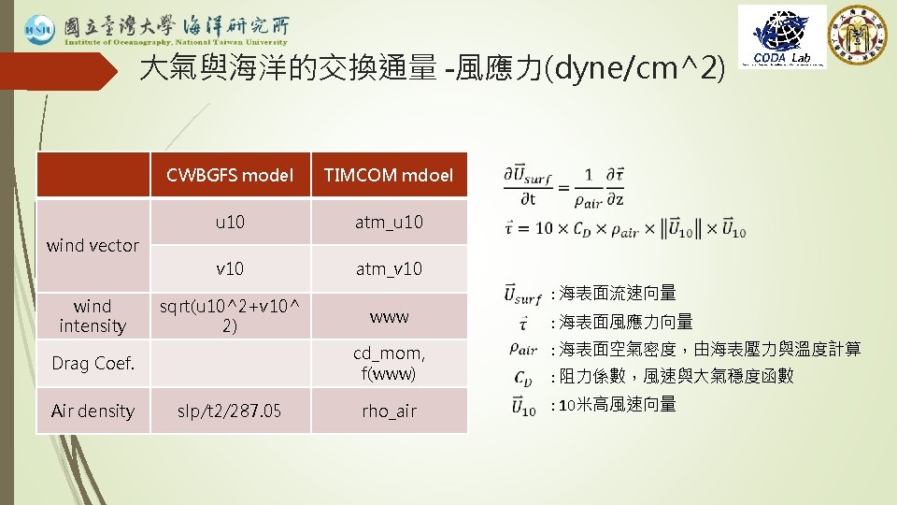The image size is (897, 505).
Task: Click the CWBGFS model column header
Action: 230,175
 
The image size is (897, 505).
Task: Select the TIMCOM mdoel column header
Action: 389,175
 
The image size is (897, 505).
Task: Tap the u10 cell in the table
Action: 230,222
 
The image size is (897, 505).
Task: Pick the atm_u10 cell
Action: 389,222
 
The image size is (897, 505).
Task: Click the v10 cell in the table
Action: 230,268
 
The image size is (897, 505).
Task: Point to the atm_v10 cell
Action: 389,268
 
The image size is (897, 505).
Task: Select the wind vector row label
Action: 93,245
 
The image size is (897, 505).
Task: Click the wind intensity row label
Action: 93,316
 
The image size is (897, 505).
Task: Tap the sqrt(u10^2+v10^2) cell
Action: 230,316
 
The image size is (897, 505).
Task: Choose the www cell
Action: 389,316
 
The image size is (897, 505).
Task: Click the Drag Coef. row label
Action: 93,363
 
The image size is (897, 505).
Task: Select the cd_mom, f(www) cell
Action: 389,363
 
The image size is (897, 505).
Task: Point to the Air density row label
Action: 93,411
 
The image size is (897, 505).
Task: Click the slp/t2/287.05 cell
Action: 230,411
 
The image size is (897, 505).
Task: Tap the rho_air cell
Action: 389,411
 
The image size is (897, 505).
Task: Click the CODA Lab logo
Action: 782,36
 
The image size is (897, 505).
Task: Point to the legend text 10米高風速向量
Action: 617,405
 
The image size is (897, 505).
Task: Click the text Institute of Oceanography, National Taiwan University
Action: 176,41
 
